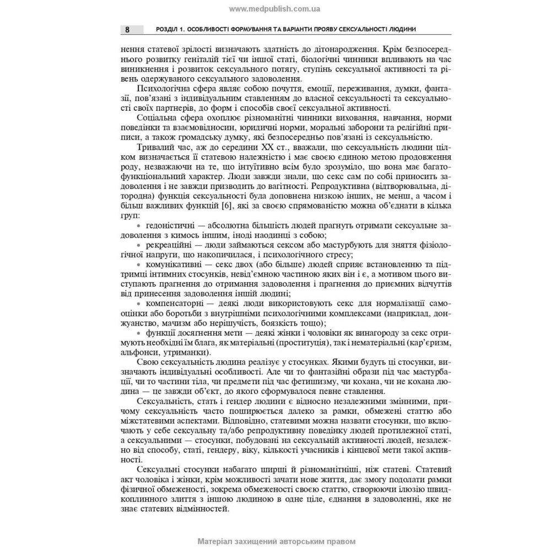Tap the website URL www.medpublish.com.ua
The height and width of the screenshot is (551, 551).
pyautogui.click(x=274, y=9)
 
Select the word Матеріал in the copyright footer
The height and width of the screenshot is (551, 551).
pyautogui.click(x=218, y=542)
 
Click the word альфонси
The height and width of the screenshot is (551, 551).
pyautogui.click(x=138, y=352)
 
